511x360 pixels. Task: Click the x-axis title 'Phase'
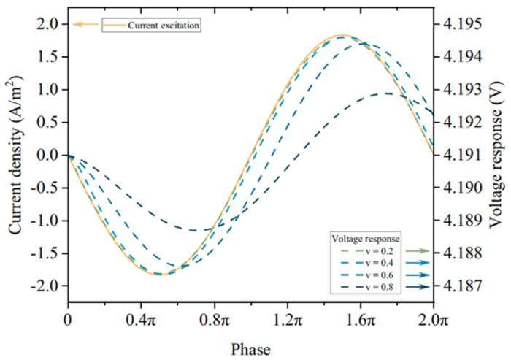pos(250,349)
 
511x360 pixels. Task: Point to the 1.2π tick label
pos(287,319)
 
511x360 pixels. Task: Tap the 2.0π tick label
pos(433,319)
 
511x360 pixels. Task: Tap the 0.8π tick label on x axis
pos(214,319)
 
